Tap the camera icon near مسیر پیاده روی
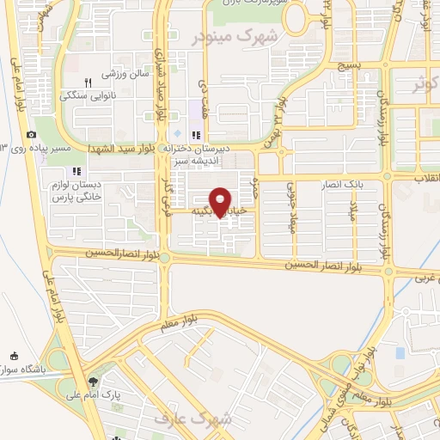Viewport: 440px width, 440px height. point(32,134)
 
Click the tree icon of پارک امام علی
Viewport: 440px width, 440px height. point(93,380)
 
